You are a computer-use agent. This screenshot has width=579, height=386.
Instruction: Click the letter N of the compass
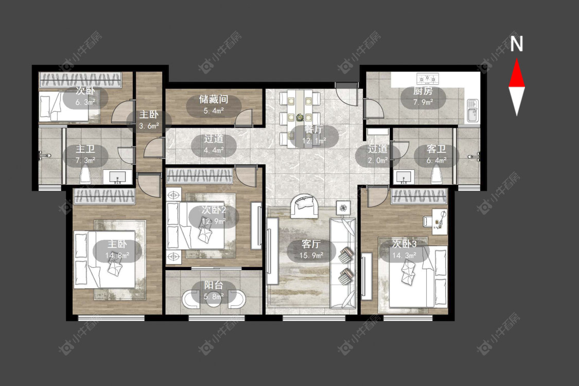point(517,43)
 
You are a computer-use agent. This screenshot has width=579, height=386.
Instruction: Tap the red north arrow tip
point(517,59)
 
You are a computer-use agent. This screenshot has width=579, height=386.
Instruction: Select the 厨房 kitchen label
point(423,91)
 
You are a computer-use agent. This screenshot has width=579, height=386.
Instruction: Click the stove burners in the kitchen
point(428,78)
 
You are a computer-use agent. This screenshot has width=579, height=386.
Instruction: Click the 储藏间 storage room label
point(214,99)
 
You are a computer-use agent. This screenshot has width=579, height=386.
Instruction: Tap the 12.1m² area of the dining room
point(314,141)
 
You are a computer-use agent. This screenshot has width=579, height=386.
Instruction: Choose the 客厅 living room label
point(311,244)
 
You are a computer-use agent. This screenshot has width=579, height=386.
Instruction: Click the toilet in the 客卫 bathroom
point(437,174)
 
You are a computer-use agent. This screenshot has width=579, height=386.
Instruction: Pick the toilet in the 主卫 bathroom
point(85,174)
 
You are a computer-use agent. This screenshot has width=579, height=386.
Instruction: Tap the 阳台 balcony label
point(214,285)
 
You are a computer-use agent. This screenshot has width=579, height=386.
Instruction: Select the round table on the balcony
point(214,299)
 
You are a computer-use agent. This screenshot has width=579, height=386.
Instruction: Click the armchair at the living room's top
point(305,205)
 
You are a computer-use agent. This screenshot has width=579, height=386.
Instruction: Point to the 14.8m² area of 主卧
point(117,255)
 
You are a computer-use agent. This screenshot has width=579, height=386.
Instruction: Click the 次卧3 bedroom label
point(405,244)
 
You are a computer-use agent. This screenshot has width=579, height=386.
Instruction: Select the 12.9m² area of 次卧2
point(214,221)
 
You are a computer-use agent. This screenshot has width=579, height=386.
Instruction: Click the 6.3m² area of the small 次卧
point(85,102)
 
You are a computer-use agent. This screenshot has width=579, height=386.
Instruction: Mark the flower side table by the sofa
point(344,207)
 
